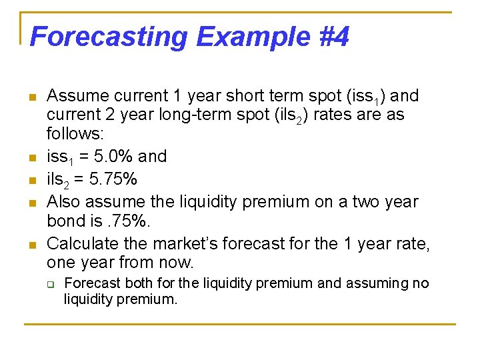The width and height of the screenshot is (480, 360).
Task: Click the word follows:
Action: tap(75, 134)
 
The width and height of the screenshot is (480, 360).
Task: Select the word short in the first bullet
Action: tap(229, 96)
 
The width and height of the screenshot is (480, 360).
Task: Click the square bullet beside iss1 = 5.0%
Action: tap(31, 159)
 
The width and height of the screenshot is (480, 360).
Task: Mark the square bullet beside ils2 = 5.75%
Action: tap(31, 181)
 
